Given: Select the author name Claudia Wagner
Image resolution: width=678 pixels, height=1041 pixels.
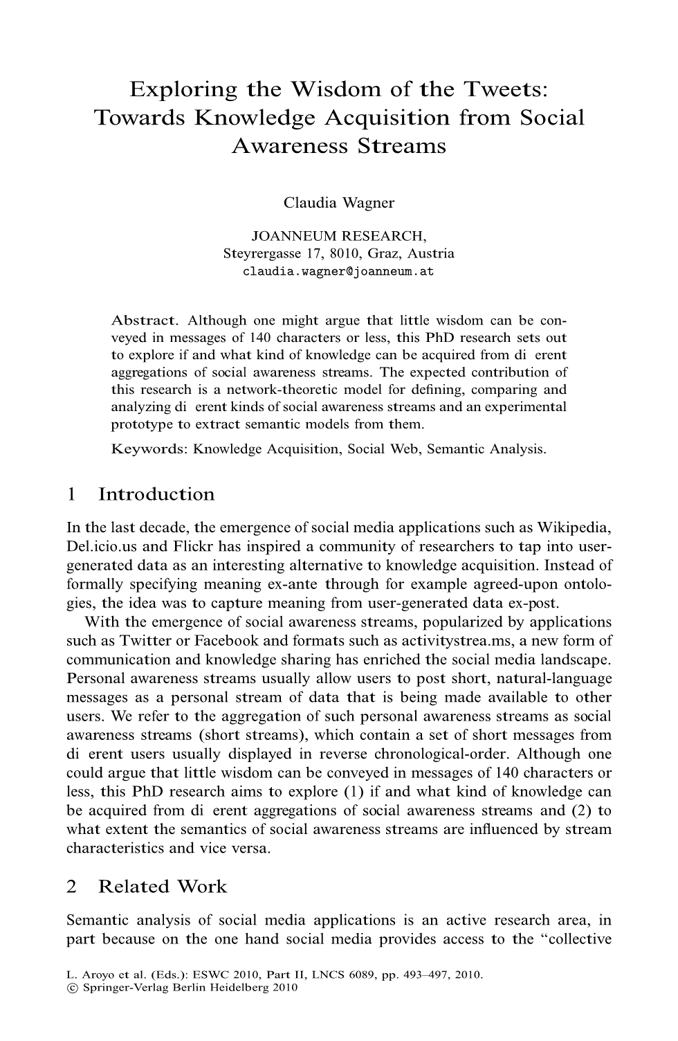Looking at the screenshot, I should pos(339,203).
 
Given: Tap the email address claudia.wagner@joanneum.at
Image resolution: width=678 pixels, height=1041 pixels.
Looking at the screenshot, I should pos(339,271).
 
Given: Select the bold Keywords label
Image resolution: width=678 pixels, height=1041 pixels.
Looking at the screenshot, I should pos(149,449).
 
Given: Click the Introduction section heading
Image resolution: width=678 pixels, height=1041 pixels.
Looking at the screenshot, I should pos(156,494).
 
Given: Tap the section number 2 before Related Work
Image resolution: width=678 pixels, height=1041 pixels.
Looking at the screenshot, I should pos(71,887).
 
